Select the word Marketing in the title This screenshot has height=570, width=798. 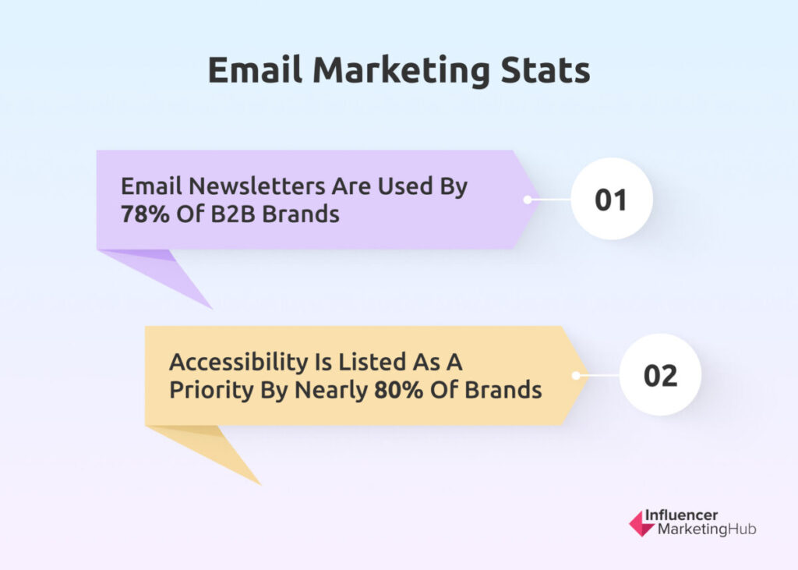[x=401, y=71]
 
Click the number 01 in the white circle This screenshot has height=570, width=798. [x=611, y=200]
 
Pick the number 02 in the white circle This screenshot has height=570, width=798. [x=660, y=376]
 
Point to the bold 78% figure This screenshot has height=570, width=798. [x=145, y=214]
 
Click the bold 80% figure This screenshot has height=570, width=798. [x=398, y=390]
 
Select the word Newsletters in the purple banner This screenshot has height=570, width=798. [x=257, y=186]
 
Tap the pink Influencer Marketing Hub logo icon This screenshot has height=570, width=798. [x=641, y=524]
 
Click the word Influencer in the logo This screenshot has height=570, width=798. [x=681, y=515]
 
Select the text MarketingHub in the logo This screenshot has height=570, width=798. [x=707, y=529]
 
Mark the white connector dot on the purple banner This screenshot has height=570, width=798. [x=528, y=200]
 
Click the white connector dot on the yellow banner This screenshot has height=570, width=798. [x=576, y=376]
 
